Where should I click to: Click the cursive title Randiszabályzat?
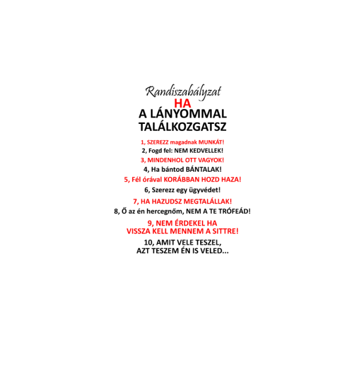tap(183, 92)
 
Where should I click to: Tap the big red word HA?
tap(183, 104)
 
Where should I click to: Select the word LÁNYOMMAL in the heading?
tap(189, 114)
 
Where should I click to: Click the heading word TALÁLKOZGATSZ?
tap(183, 127)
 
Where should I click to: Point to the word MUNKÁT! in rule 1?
tap(211, 142)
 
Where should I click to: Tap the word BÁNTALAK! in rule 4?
tap(204, 169)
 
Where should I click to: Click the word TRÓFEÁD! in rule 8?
tap(234, 211)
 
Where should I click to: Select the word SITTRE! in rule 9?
tap(226, 231)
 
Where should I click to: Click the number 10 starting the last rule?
tap(149, 243)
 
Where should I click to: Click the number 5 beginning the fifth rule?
tap(127, 179)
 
